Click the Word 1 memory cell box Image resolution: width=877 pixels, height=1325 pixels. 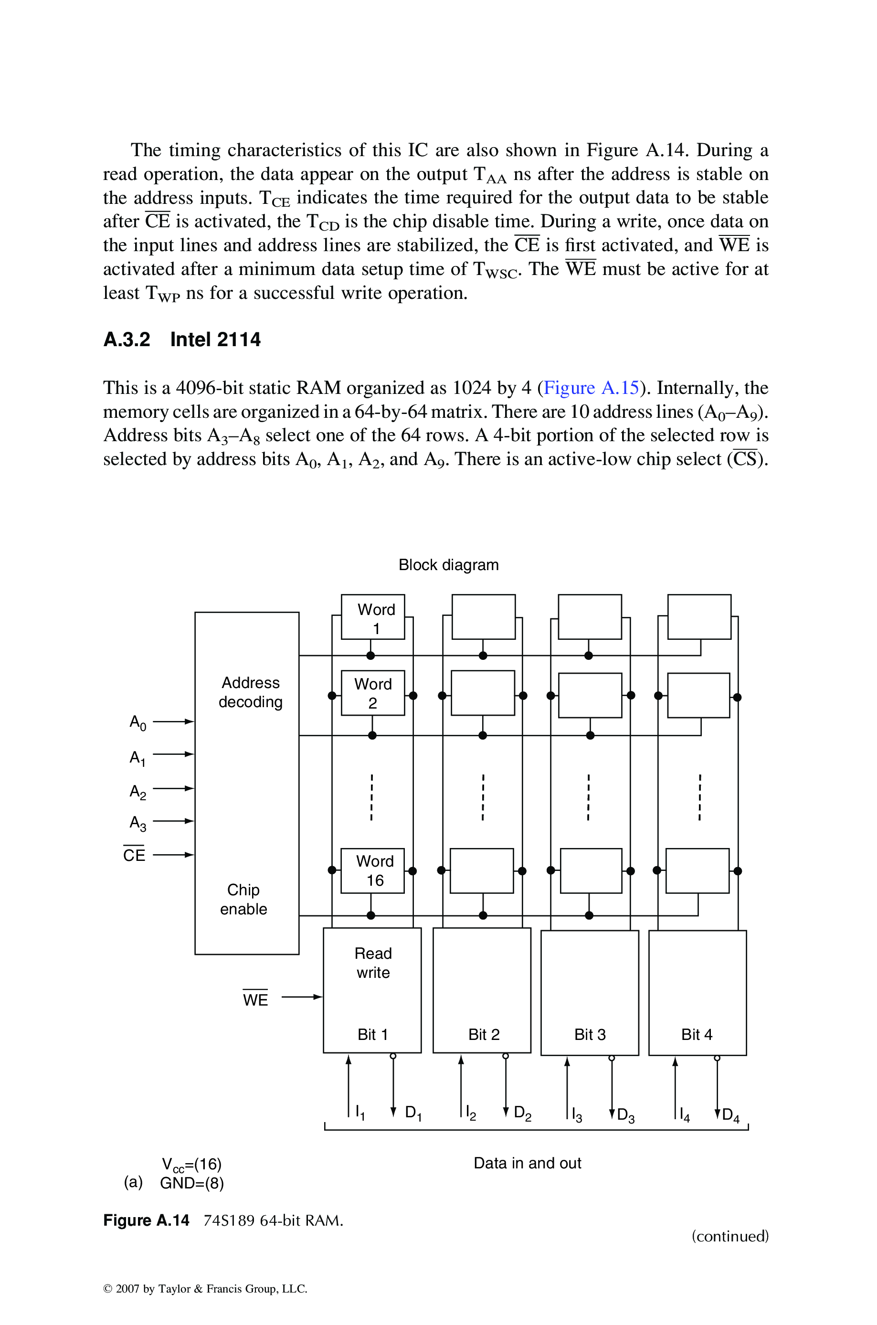(372, 616)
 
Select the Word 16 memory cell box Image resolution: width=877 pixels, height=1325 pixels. (372, 870)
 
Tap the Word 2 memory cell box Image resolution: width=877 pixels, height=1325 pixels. (372, 692)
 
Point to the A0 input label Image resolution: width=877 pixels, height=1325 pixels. (137, 722)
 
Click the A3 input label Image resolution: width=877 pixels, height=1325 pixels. (137, 823)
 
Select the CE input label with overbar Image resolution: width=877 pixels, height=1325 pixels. (134, 855)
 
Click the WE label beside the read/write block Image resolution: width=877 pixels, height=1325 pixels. (255, 999)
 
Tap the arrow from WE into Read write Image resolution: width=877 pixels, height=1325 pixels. (302, 996)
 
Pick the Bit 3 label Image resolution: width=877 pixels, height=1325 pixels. (590, 1034)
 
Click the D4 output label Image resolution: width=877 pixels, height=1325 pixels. (730, 1115)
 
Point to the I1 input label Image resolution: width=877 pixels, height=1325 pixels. (360, 1113)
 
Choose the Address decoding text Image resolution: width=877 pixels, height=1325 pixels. (251, 692)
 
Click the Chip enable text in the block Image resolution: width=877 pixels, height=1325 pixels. (243, 900)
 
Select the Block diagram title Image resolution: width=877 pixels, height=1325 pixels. (449, 565)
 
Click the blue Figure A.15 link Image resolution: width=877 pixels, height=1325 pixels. (591, 388)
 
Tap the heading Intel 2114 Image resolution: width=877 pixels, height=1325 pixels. (215, 339)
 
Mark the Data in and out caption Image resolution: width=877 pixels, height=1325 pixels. (528, 1163)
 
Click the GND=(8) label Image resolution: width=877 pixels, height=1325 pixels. (192, 1183)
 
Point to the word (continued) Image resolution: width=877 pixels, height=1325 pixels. (730, 1236)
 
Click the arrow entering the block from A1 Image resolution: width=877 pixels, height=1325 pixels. (173, 754)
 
